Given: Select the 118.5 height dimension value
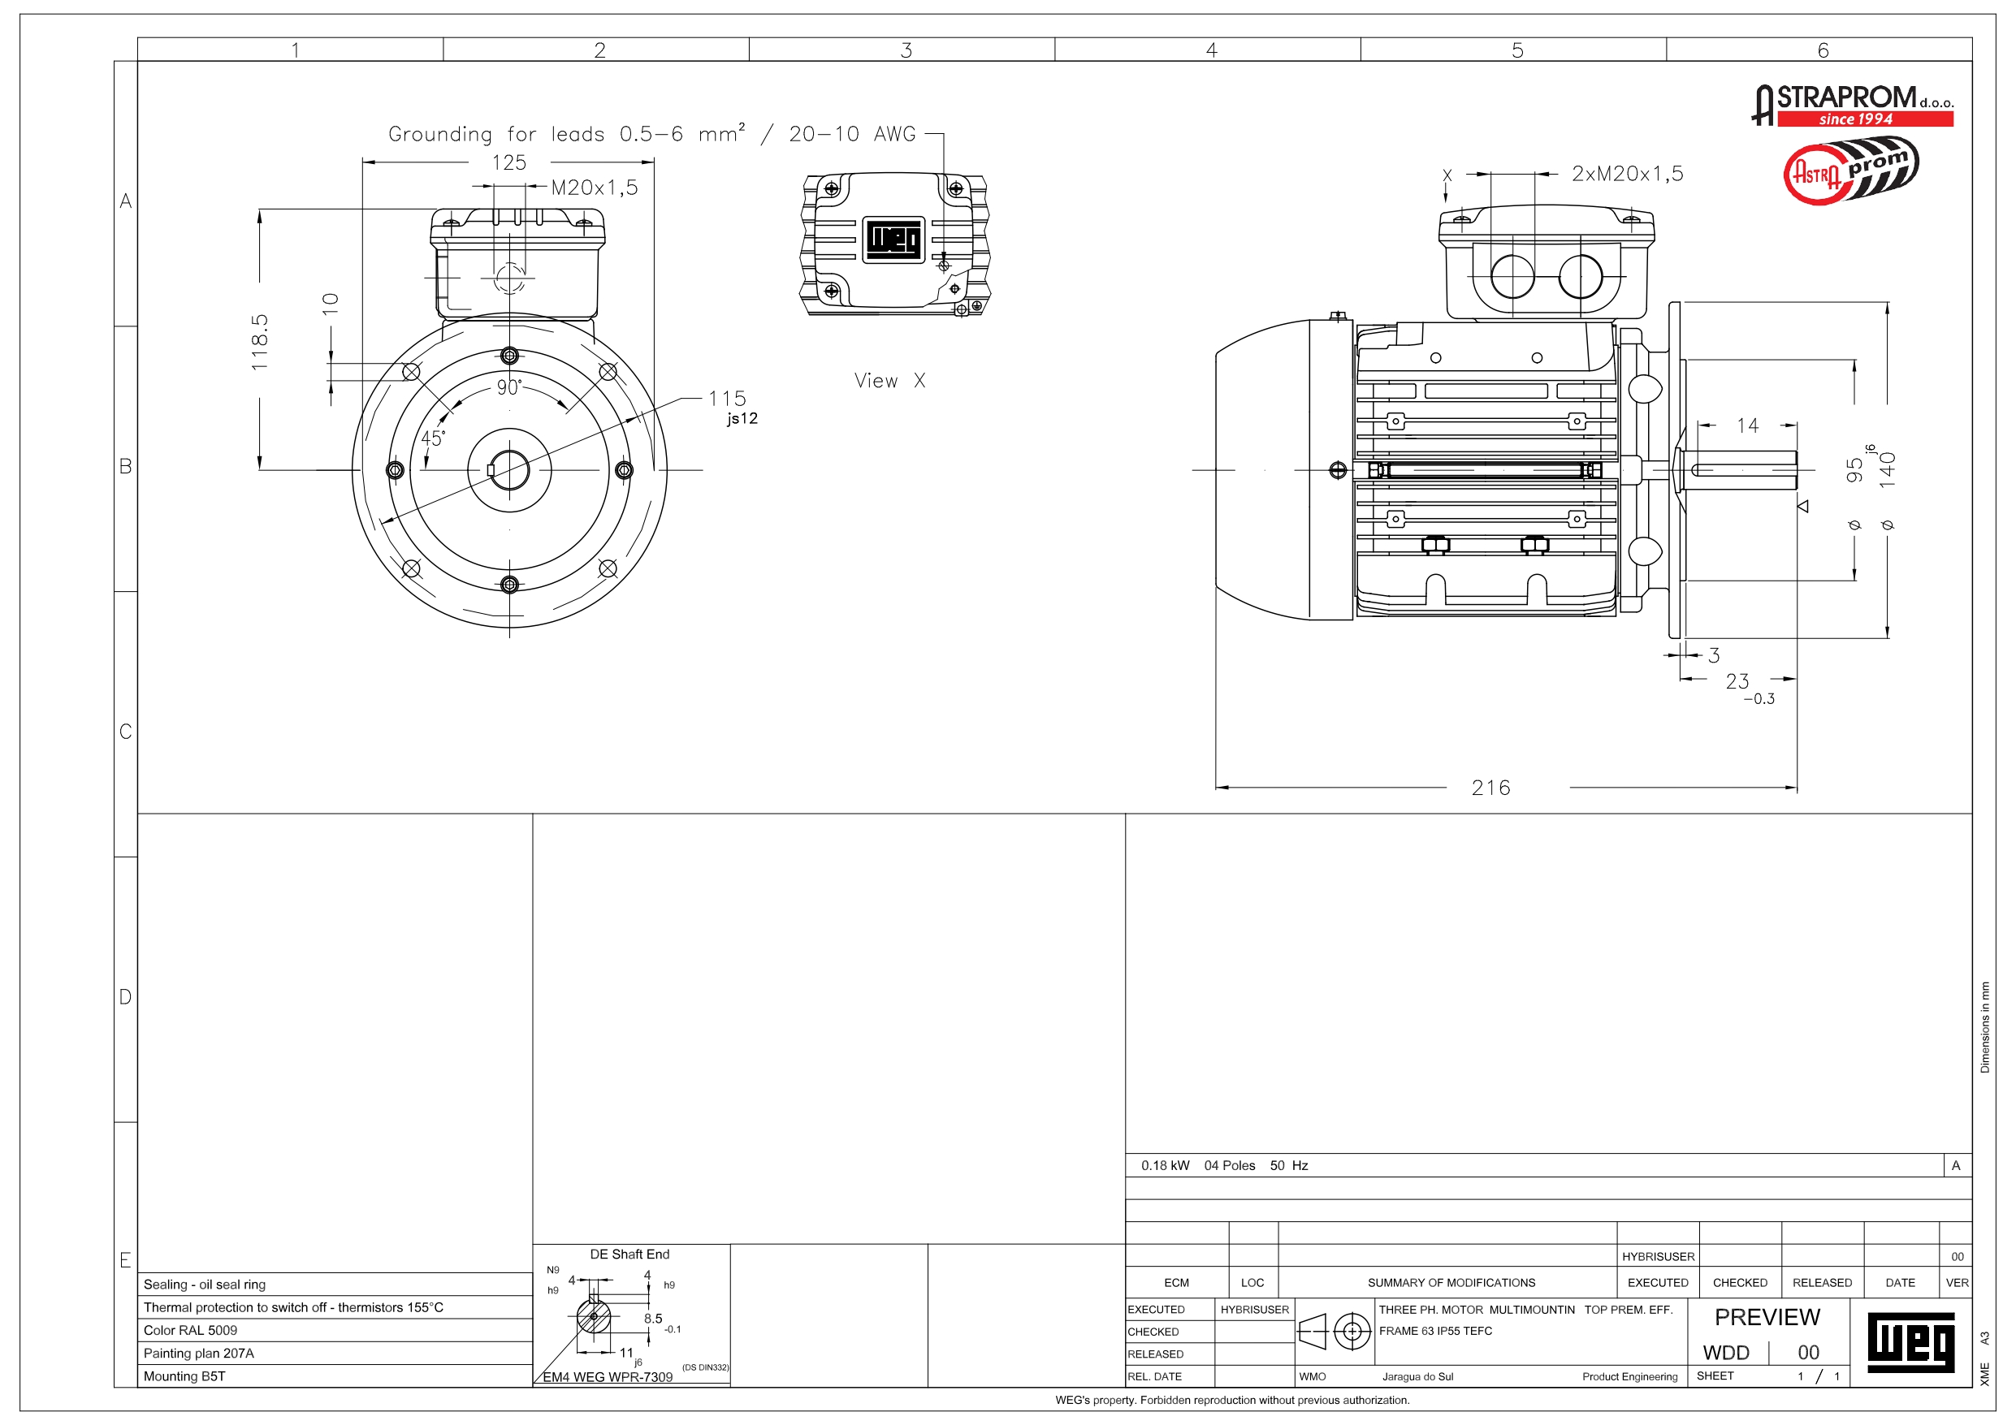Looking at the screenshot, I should point(260,342).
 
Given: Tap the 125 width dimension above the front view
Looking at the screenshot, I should point(508,162).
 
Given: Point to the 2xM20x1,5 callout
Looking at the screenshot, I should point(1627,174).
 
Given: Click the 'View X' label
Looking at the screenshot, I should point(889,380).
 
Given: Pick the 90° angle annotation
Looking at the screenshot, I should point(508,387).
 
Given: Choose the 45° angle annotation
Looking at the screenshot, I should point(433,438).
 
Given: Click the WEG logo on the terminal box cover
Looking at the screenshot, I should point(893,239).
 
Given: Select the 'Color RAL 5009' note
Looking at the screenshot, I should point(191,1330).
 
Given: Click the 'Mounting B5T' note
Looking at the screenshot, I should point(184,1375).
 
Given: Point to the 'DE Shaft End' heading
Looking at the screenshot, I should point(629,1254).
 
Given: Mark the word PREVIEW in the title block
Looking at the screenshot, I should point(1767,1317).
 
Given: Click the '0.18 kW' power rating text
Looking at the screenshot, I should point(1166,1165).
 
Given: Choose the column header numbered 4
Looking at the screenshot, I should point(1211,50).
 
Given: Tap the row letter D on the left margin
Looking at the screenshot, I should point(126,996).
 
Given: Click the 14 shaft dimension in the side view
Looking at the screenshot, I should point(1747,425).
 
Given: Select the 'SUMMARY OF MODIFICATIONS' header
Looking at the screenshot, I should point(1451,1283).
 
